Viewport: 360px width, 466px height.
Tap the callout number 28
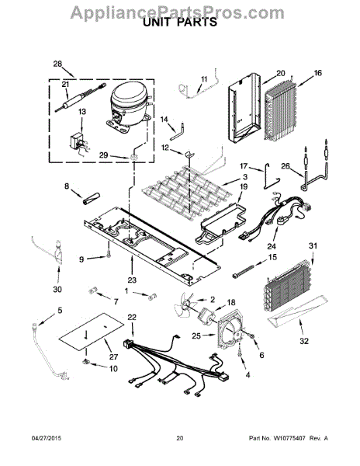click(x=57, y=64)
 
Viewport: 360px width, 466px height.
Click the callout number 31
click(x=313, y=247)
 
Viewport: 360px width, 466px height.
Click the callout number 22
click(x=132, y=318)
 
